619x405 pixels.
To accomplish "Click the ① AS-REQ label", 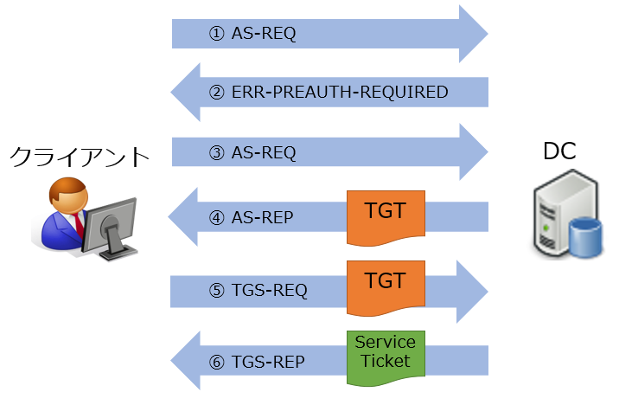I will click(x=253, y=34).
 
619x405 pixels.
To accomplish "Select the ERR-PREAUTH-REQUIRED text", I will click(x=340, y=92).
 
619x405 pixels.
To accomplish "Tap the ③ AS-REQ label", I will click(x=253, y=153).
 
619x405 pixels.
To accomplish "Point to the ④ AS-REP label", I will click(x=252, y=215).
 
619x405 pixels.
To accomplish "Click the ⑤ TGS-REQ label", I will click(x=258, y=289).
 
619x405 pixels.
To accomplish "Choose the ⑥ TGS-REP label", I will click(x=257, y=361).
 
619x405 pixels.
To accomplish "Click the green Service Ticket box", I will click(x=385, y=355).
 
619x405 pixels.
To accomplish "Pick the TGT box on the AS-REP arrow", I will click(x=385, y=216).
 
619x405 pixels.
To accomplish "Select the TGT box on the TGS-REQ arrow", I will click(x=385, y=286).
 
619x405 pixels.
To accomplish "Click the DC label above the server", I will click(x=559, y=153).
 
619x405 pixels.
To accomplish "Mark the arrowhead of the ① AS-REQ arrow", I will click(x=472, y=34).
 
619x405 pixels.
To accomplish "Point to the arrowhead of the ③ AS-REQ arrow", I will click(x=472, y=153).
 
